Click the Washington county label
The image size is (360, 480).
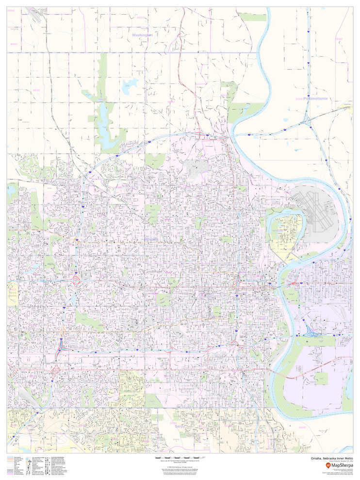[x=143, y=35]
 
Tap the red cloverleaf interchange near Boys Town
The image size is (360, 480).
[x=76, y=281]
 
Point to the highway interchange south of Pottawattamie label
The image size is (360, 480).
[x=308, y=118]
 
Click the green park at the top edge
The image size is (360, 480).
[x=252, y=17]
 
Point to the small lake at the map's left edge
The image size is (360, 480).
[x=11, y=191]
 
